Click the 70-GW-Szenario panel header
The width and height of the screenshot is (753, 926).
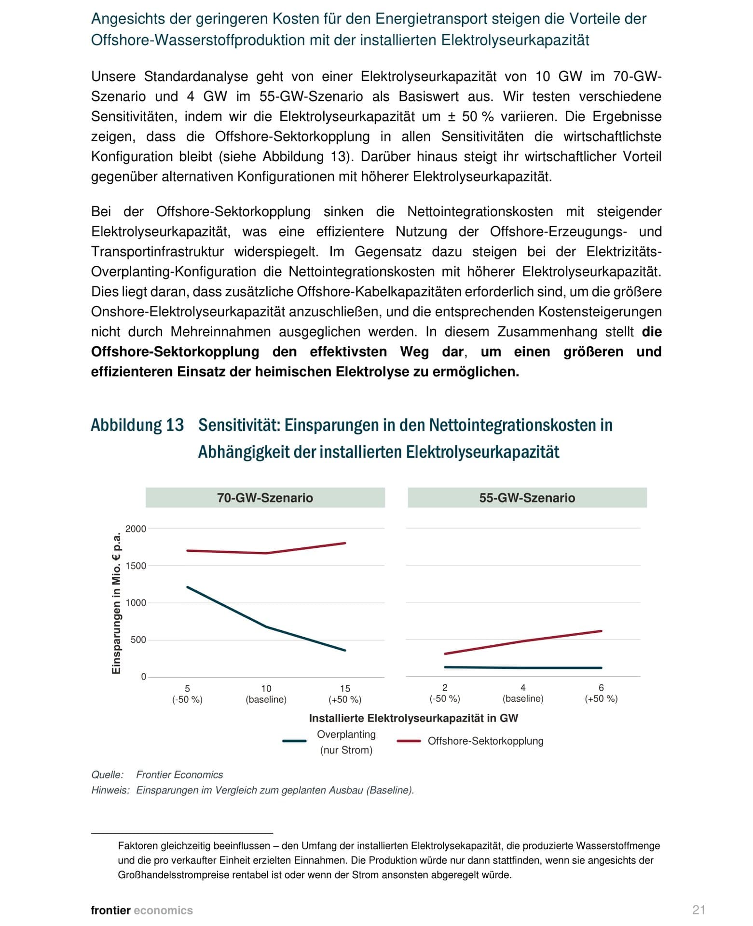[x=265, y=498]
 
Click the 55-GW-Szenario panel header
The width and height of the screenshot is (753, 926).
[x=527, y=498]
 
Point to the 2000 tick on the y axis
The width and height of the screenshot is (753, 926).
[x=136, y=529]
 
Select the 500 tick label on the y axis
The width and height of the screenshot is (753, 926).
[x=138, y=640]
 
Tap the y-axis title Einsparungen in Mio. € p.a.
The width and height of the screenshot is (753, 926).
[x=116, y=603]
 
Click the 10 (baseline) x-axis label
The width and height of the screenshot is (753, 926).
[x=266, y=694]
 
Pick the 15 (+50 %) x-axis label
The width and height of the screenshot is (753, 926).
[x=345, y=694]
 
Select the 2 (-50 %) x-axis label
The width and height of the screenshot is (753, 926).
[x=445, y=693]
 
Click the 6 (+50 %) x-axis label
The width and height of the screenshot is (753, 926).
[x=601, y=693]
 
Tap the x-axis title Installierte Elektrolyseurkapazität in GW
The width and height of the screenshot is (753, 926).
[x=413, y=718]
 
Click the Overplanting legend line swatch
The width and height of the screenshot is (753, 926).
[x=294, y=741]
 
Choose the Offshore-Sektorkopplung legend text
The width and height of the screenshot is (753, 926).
[x=485, y=741]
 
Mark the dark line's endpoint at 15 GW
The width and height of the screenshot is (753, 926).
[x=345, y=651]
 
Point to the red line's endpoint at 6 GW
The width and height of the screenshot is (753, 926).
[x=601, y=631]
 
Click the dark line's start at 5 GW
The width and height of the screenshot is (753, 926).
[x=187, y=587]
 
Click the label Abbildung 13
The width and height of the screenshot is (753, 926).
[x=137, y=425]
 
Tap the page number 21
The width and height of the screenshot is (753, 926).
[x=698, y=910]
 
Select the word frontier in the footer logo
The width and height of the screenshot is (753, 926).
[x=110, y=910]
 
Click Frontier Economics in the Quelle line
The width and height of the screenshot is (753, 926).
[x=179, y=775]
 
